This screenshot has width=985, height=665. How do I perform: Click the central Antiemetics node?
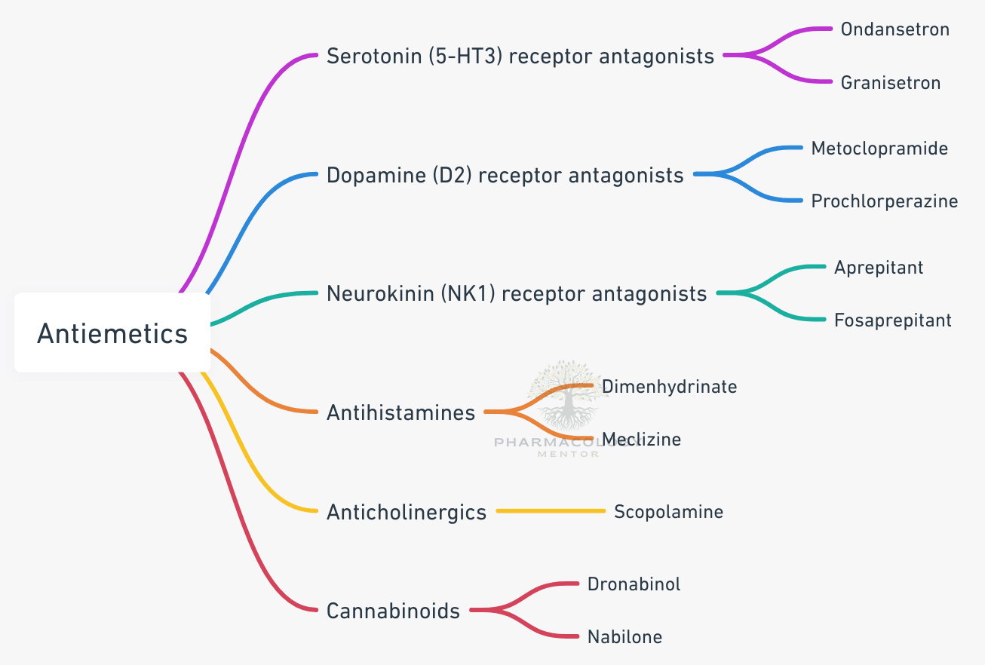pyautogui.click(x=112, y=332)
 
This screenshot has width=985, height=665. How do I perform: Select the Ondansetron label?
pyautogui.click(x=894, y=29)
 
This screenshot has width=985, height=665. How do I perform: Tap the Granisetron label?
pyautogui.click(x=890, y=82)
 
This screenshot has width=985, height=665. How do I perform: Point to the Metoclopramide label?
pyautogui.click(x=879, y=149)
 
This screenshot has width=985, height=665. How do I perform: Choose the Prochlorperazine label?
pyautogui.click(x=884, y=201)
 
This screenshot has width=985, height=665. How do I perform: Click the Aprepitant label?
pyautogui.click(x=878, y=268)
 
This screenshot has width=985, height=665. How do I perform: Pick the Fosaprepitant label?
pyautogui.click(x=892, y=320)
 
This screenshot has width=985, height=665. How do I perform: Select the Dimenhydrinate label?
pyautogui.click(x=669, y=387)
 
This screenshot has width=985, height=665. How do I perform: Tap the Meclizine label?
pyautogui.click(x=641, y=440)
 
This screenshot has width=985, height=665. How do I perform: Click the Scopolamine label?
pyautogui.click(x=668, y=512)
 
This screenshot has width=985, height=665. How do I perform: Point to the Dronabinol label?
pyautogui.click(x=634, y=584)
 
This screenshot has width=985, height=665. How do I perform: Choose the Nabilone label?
pyautogui.click(x=624, y=637)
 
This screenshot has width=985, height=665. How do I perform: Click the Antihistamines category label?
pyautogui.click(x=400, y=412)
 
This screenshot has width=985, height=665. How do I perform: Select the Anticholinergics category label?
pyautogui.click(x=407, y=513)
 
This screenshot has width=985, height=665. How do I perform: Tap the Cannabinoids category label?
pyautogui.click(x=393, y=611)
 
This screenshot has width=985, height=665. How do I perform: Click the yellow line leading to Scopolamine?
pyautogui.click(x=551, y=511)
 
